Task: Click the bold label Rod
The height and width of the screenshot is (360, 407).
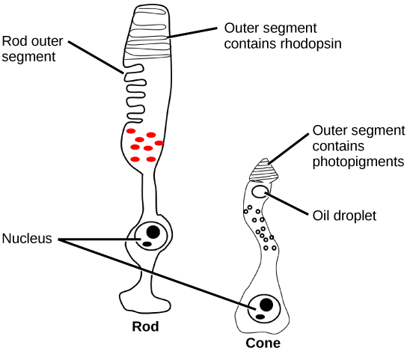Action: (145, 327)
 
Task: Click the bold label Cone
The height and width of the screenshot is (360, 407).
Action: (263, 344)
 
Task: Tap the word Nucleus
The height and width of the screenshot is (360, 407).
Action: (26, 239)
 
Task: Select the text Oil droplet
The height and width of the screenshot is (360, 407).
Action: (343, 216)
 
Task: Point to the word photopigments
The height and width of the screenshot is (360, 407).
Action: (358, 162)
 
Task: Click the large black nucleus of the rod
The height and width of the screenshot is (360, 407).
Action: (153, 232)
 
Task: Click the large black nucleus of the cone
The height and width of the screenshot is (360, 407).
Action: (265, 305)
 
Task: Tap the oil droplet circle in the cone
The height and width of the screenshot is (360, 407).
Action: (260, 192)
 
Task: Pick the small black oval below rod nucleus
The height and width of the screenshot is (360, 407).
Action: (148, 244)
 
